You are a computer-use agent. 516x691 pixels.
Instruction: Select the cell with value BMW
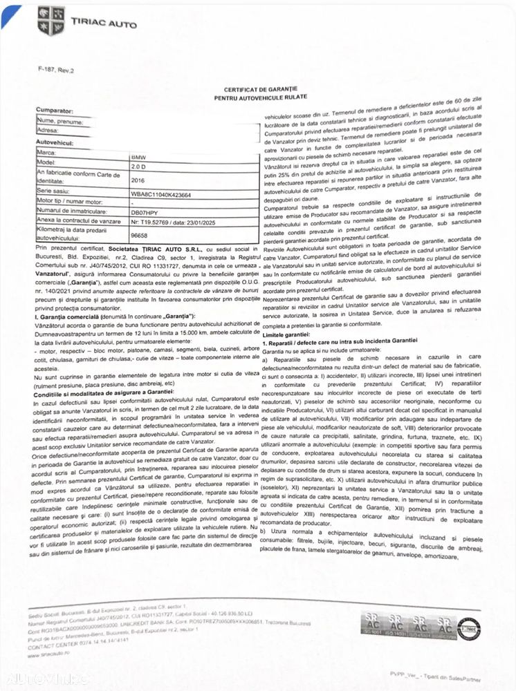(138, 158)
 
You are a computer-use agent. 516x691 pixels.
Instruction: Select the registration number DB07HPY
(144, 214)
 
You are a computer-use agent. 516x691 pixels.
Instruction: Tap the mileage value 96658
(140, 235)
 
